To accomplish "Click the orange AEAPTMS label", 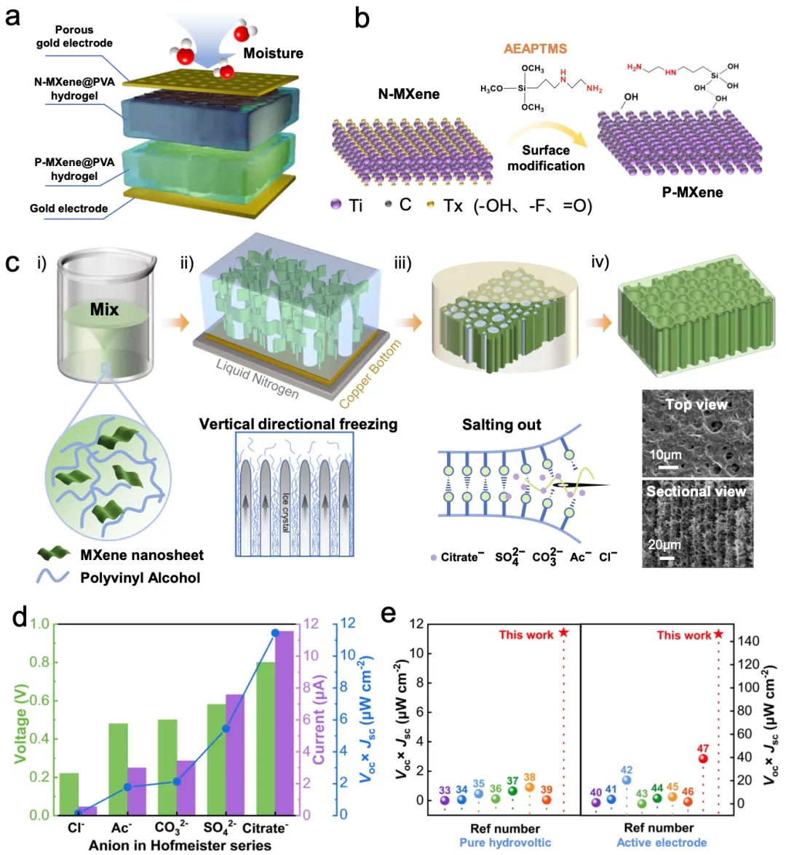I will (x=535, y=49).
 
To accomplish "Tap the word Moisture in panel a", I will (x=273, y=53).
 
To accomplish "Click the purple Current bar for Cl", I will (x=87, y=810).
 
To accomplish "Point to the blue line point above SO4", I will (x=226, y=728).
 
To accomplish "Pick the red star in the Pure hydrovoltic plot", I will (x=563, y=633).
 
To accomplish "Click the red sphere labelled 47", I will (x=702, y=759).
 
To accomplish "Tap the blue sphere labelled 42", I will (x=627, y=780).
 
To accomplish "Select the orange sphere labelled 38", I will (x=529, y=787).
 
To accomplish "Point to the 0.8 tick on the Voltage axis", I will (x=40, y=662).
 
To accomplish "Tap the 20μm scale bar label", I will (x=665, y=545).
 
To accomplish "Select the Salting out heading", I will (x=501, y=425).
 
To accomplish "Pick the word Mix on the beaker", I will (x=104, y=310).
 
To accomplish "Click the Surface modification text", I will (x=546, y=158).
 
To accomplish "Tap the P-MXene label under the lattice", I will (x=692, y=193).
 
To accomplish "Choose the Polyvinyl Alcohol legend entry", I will (x=140, y=578).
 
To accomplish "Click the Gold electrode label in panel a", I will (x=68, y=208).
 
